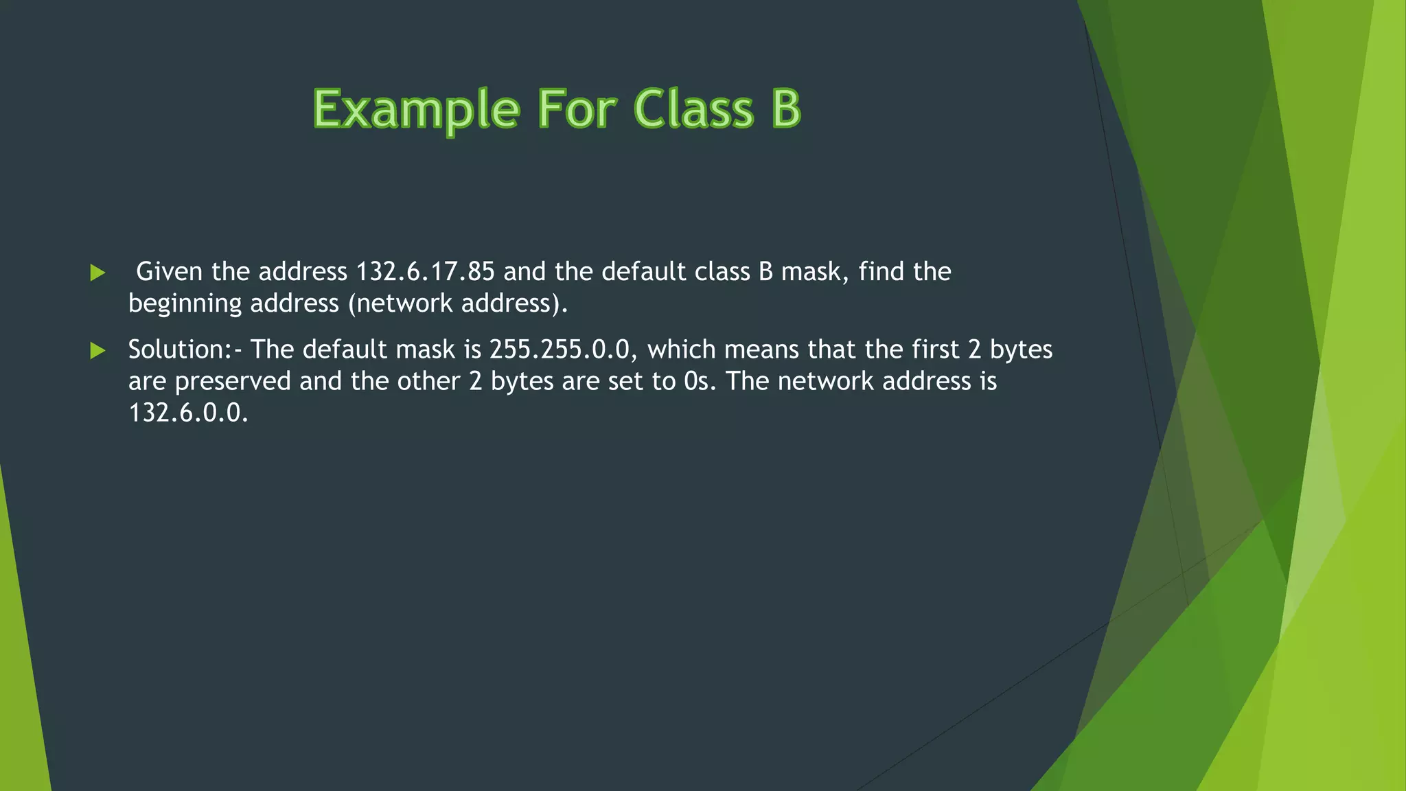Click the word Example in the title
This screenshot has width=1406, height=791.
[x=416, y=110]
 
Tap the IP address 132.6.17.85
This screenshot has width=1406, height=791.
[x=425, y=272]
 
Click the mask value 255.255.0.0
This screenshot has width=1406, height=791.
[x=560, y=349]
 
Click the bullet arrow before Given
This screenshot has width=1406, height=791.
[x=97, y=273]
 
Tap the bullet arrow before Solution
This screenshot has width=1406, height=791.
[x=97, y=351]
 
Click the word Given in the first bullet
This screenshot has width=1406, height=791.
[x=169, y=272]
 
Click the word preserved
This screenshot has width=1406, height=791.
[x=233, y=382]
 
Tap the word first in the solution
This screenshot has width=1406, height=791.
[x=935, y=349]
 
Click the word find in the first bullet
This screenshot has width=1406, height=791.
[x=881, y=272]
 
